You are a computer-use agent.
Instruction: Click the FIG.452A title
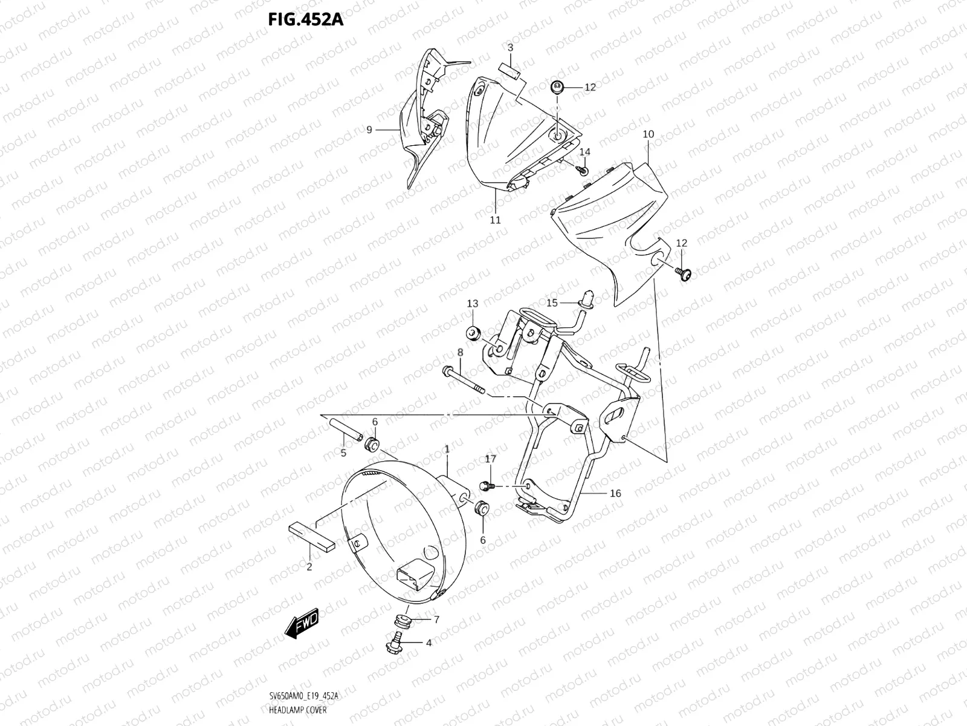305,19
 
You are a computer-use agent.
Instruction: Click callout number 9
369,129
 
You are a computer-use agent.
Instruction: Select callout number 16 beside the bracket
615,494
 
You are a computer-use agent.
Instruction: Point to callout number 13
472,303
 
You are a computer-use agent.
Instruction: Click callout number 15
552,302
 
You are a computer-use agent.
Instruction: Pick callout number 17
490,460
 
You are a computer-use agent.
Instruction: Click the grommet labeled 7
399,621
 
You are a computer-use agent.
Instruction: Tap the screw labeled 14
584,170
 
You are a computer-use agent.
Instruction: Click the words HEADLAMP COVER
297,710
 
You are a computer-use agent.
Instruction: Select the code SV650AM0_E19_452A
304,696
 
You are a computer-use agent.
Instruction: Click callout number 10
648,134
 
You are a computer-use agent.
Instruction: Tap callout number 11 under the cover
495,220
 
